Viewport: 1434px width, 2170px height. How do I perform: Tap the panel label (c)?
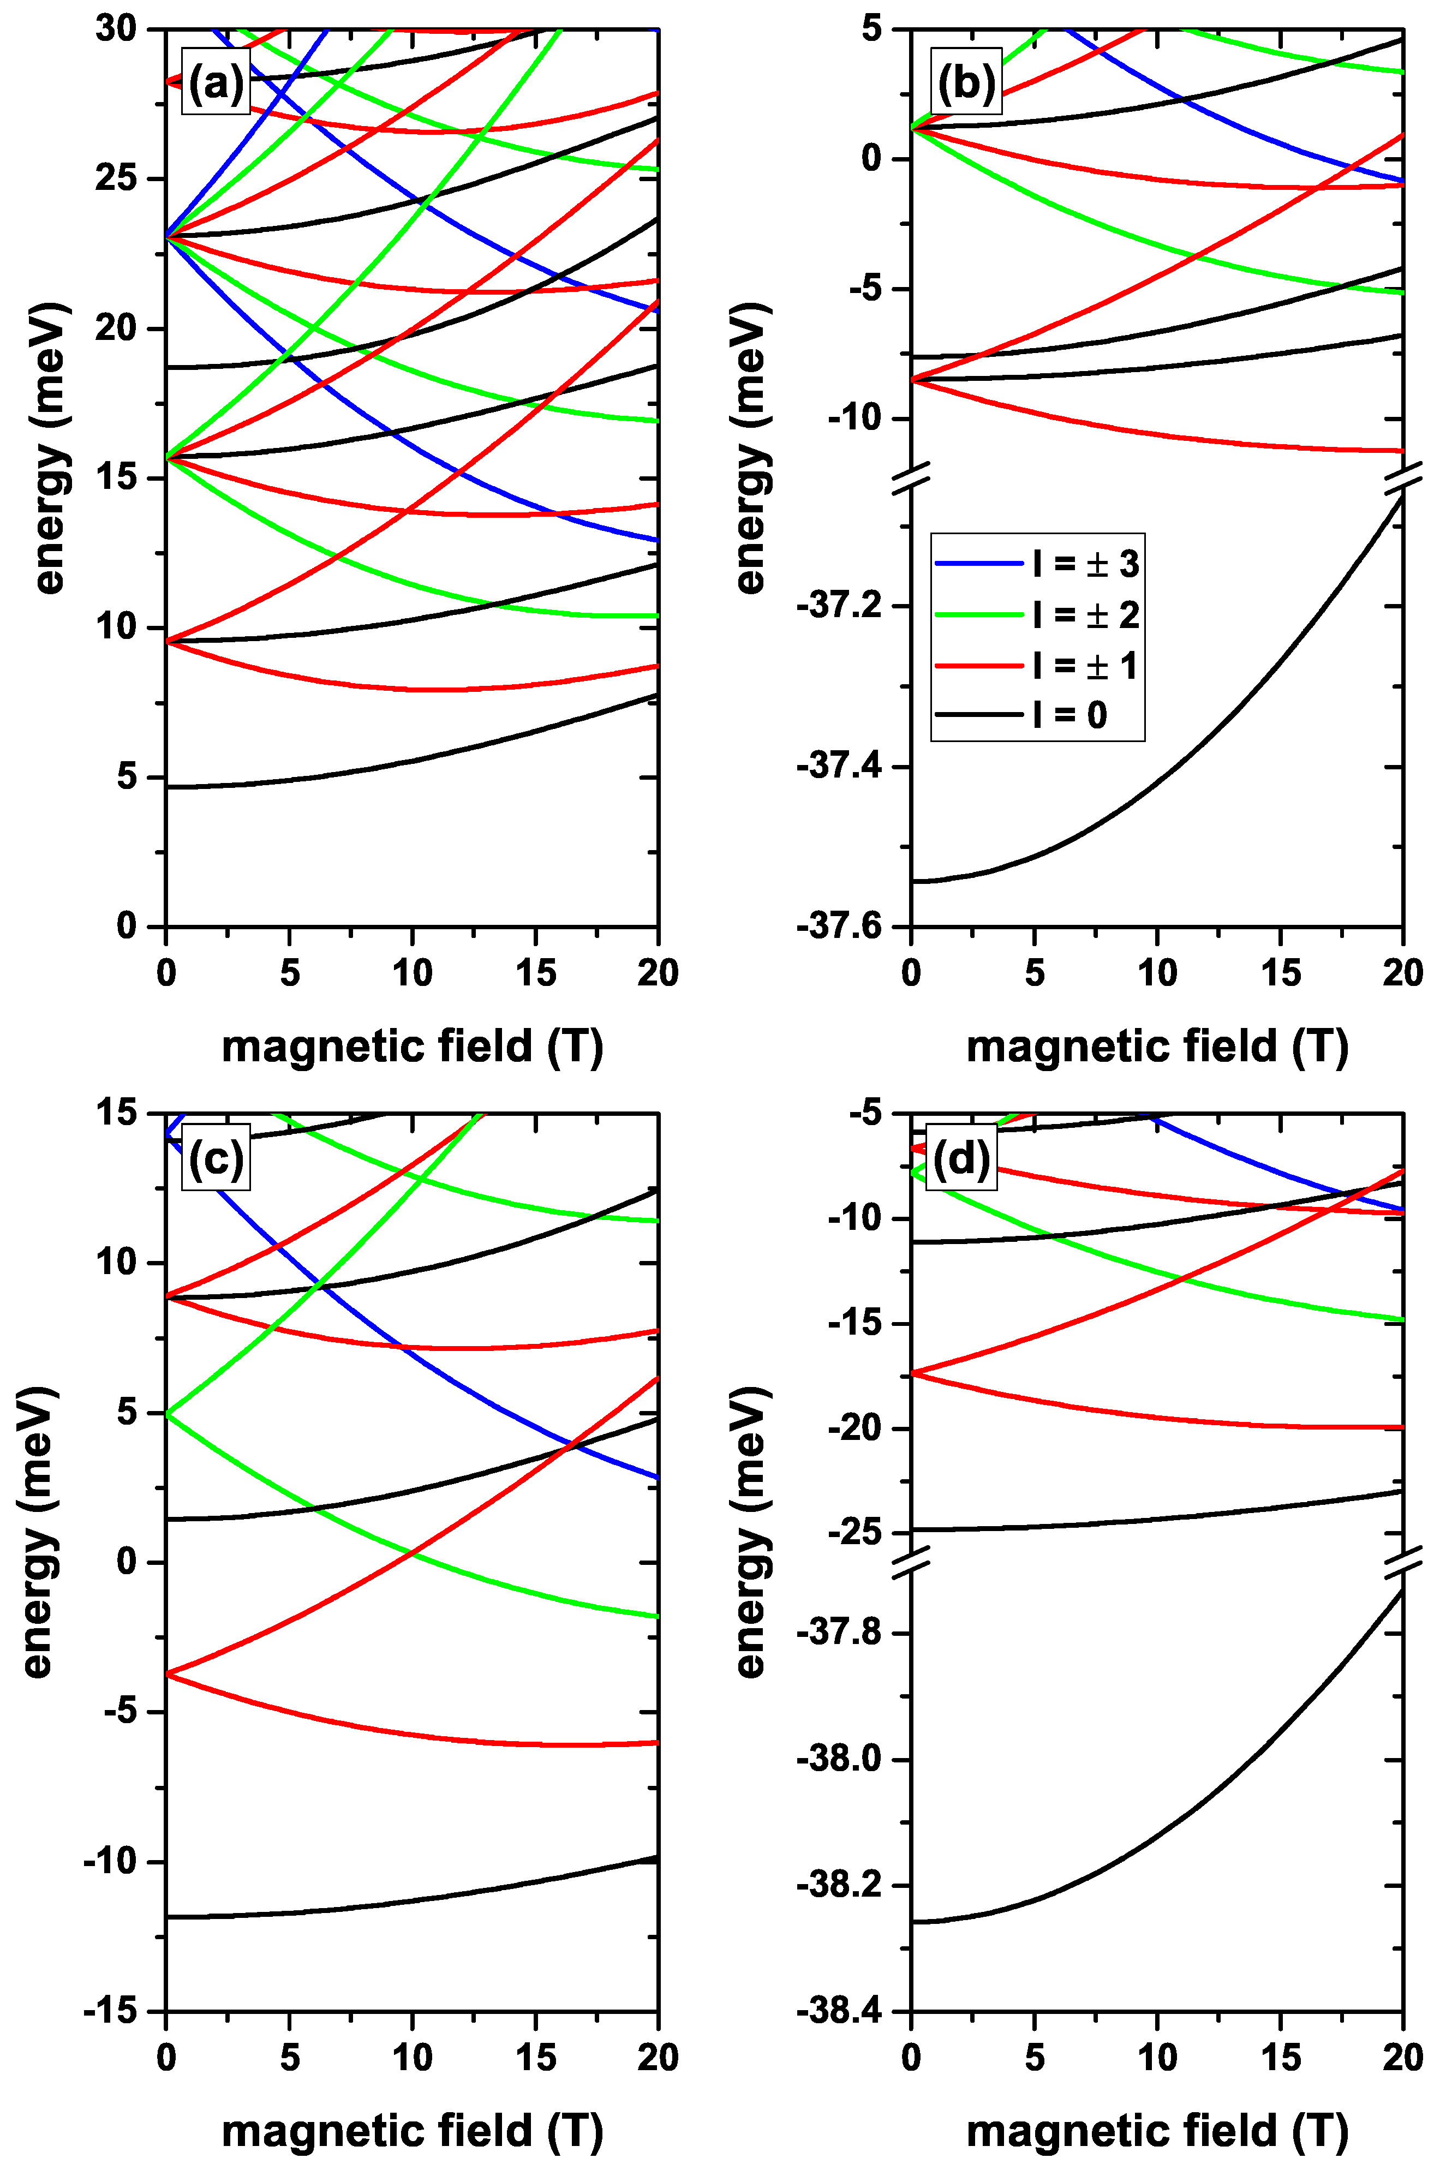point(216,1159)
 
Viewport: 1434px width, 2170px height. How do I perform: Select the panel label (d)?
point(960,1159)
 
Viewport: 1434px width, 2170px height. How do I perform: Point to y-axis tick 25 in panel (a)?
point(116,179)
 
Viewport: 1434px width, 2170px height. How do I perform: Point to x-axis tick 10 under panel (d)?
point(1157,2058)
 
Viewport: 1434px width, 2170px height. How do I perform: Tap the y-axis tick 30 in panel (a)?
point(116,29)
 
